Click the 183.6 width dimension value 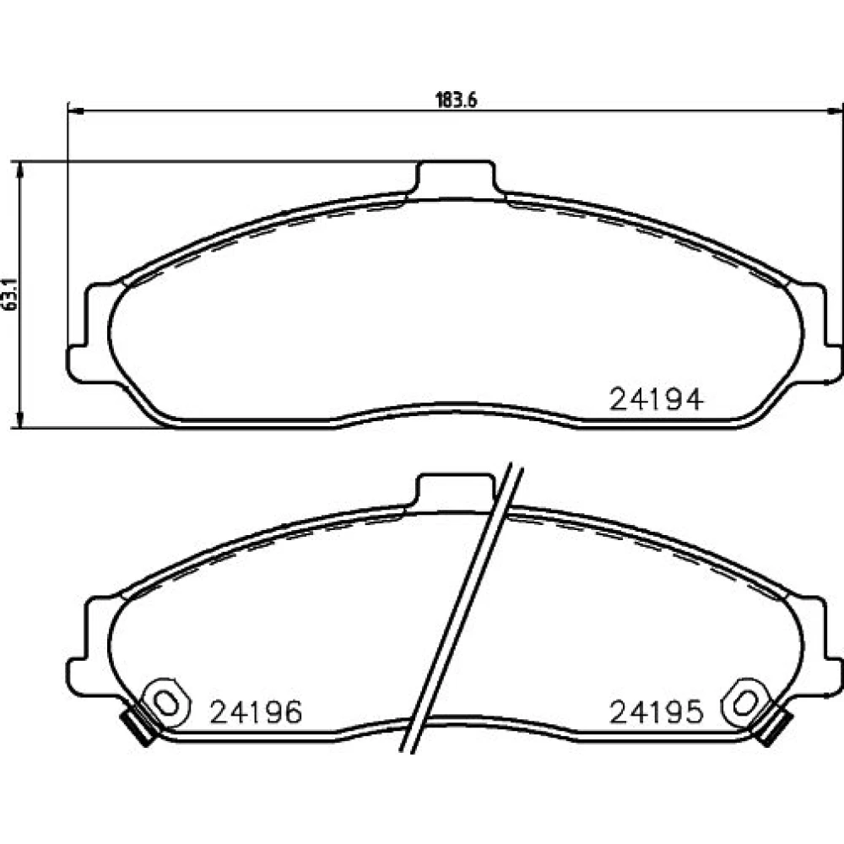point(456,100)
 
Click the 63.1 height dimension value point(11,295)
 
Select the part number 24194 point(656,399)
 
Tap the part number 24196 point(256,712)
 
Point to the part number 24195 point(656,712)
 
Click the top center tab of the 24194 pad point(456,177)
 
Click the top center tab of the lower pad point(456,491)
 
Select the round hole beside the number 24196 point(168,702)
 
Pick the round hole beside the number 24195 point(744,702)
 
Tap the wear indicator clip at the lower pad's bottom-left point(140,727)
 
